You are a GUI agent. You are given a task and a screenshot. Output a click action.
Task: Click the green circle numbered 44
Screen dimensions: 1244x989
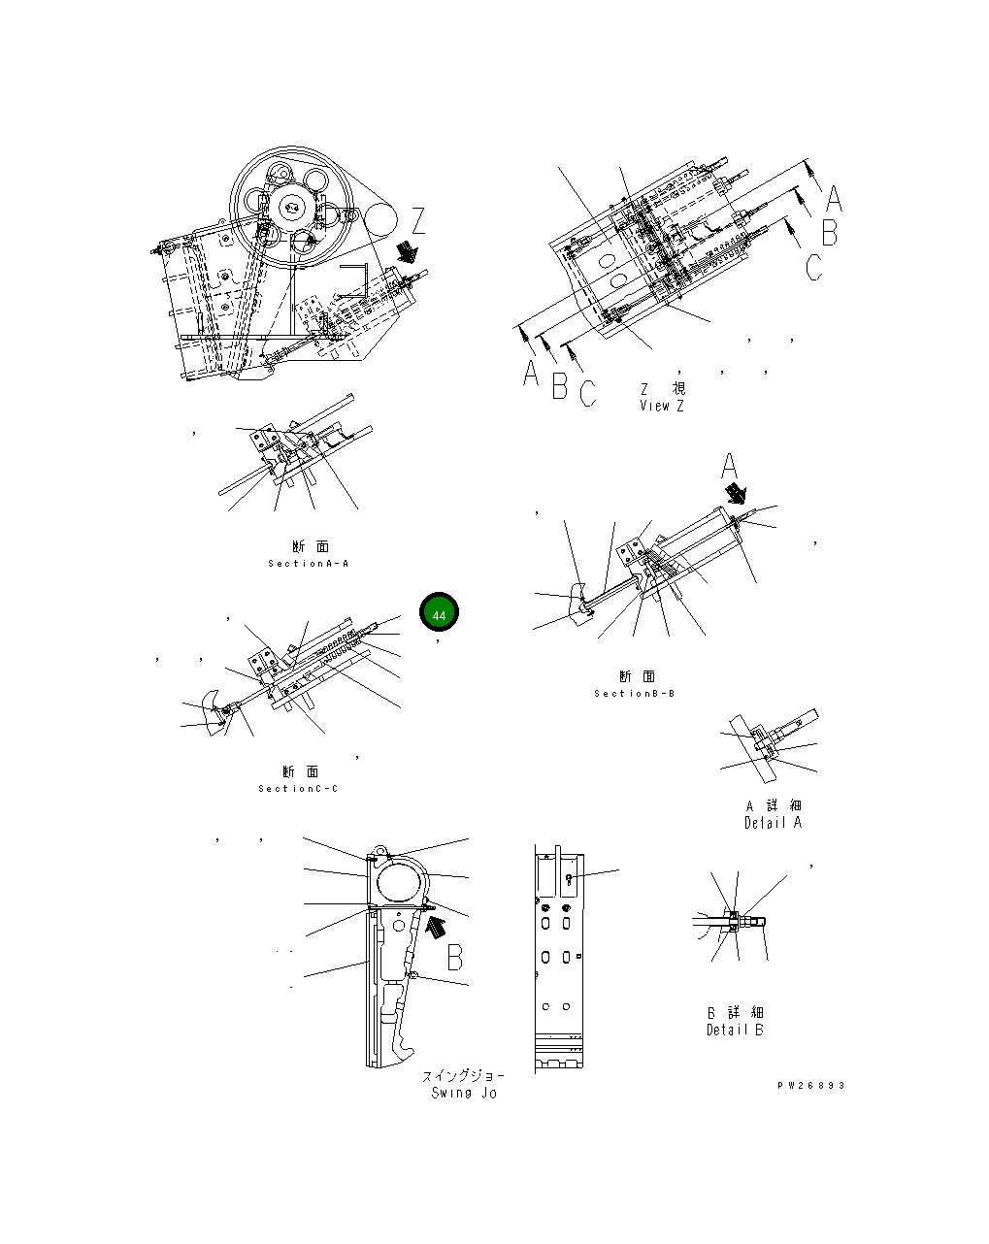[x=439, y=615]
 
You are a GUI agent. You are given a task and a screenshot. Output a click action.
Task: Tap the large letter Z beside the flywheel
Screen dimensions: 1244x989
[x=418, y=221]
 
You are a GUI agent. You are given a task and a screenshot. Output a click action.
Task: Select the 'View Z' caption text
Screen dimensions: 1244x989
[x=661, y=406]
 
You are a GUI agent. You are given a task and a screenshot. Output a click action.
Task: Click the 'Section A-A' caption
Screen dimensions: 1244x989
[x=309, y=564]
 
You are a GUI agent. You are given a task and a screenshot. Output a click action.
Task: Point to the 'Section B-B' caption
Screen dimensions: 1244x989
[x=635, y=694]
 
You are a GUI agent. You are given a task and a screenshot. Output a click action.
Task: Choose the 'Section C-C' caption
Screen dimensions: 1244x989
[x=299, y=789]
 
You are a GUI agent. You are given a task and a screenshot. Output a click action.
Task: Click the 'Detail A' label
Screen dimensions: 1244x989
[x=773, y=823]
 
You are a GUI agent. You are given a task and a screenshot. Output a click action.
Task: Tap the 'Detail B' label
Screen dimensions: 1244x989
[x=735, y=1030]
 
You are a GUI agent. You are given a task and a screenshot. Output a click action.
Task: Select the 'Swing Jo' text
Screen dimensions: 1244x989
[x=464, y=1093]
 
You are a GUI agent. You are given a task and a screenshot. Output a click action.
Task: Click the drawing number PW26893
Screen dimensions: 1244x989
[x=810, y=1086]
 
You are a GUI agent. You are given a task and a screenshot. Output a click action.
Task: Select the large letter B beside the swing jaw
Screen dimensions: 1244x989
[x=454, y=957]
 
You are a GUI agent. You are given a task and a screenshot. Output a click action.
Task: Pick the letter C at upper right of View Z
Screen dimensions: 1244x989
[x=813, y=267]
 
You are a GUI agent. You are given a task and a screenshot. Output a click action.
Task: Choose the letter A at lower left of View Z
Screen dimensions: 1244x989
[x=530, y=373]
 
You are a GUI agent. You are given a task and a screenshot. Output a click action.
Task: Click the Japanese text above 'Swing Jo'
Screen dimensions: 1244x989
[x=463, y=1076]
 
